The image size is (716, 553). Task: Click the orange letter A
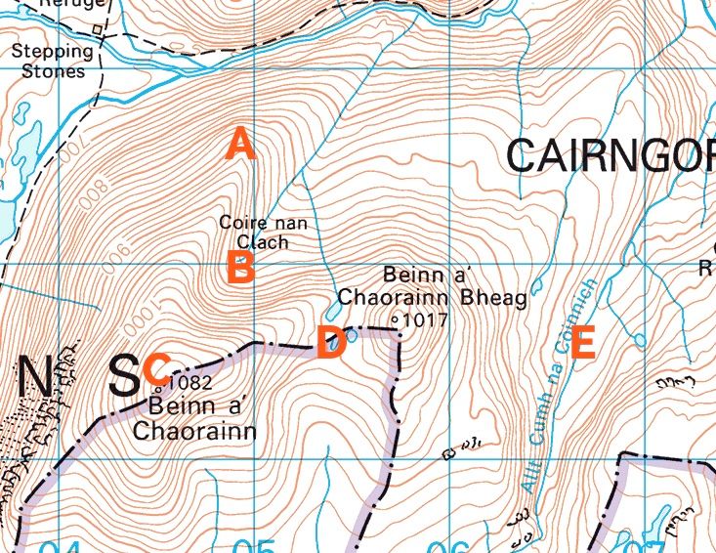[240, 145]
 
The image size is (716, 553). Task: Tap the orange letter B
[240, 267]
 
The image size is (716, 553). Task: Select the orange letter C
[156, 369]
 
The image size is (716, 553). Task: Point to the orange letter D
[330, 343]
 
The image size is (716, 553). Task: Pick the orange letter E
[582, 343]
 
